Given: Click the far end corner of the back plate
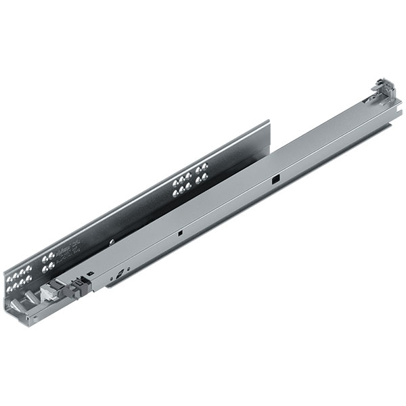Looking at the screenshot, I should (x=269, y=122).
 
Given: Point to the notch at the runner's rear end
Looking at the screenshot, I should (x=390, y=125).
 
